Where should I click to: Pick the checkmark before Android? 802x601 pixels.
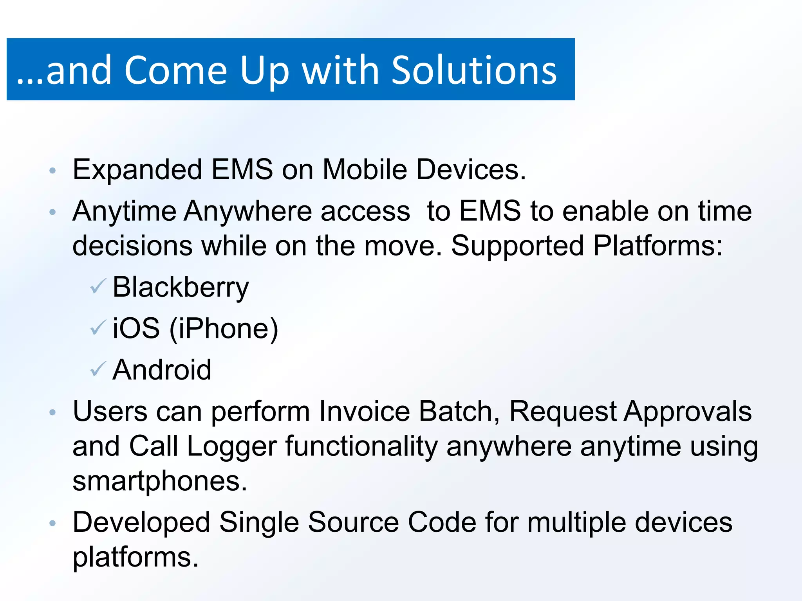point(98,369)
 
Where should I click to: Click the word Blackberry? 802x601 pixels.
point(181,288)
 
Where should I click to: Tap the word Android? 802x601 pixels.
point(162,370)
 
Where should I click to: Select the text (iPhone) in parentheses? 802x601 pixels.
point(224,329)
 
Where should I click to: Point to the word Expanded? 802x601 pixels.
point(137,170)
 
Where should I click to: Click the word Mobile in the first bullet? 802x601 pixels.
point(365,169)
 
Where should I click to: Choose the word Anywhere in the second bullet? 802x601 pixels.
point(248,212)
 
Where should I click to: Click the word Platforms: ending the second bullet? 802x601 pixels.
point(657,246)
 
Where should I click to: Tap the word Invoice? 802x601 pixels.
point(364,412)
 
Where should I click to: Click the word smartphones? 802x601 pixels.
point(160,481)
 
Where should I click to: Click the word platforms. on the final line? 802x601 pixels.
point(135,557)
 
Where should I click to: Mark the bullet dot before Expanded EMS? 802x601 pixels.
point(53,171)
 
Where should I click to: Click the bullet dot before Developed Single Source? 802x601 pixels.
point(53,523)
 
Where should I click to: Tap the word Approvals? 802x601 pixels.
point(688,412)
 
